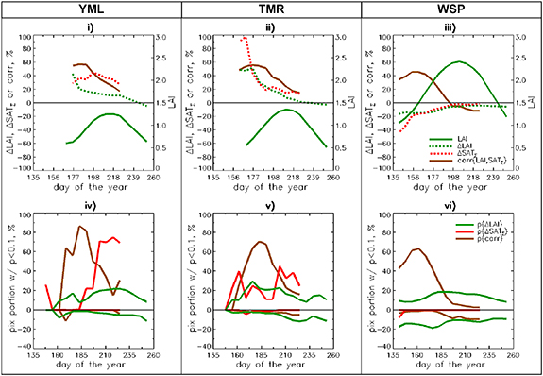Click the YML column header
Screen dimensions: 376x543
click(91, 9)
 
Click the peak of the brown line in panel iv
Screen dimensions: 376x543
click(81, 227)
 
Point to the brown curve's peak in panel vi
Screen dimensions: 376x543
click(417, 249)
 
